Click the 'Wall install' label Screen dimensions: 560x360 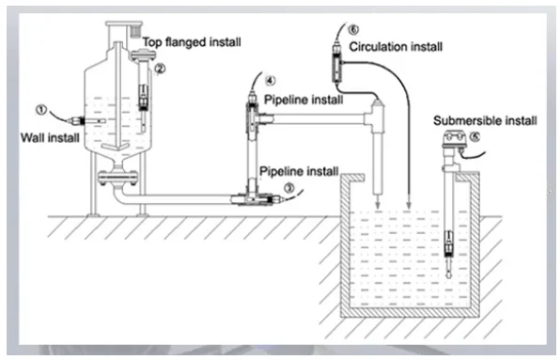point(50,137)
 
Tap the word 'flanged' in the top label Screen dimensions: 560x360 point(185,42)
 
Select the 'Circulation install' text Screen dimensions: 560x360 point(396,47)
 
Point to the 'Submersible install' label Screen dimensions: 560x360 point(485,120)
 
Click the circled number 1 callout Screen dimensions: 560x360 point(41,109)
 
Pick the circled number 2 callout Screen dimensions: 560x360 point(160,68)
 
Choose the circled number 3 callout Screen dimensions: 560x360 point(289,187)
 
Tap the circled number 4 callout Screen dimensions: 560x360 point(271,81)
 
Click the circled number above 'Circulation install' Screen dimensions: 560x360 point(353,30)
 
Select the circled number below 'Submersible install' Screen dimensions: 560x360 point(474,137)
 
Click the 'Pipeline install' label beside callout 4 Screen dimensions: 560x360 point(303,100)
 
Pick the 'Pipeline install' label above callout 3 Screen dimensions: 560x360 point(299,171)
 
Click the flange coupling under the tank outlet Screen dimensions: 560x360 point(117,178)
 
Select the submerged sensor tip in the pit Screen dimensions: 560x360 point(448,268)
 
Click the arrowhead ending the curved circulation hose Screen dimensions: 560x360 point(409,205)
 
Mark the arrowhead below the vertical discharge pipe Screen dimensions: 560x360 point(378,205)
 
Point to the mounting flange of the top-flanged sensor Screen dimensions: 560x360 point(144,55)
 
